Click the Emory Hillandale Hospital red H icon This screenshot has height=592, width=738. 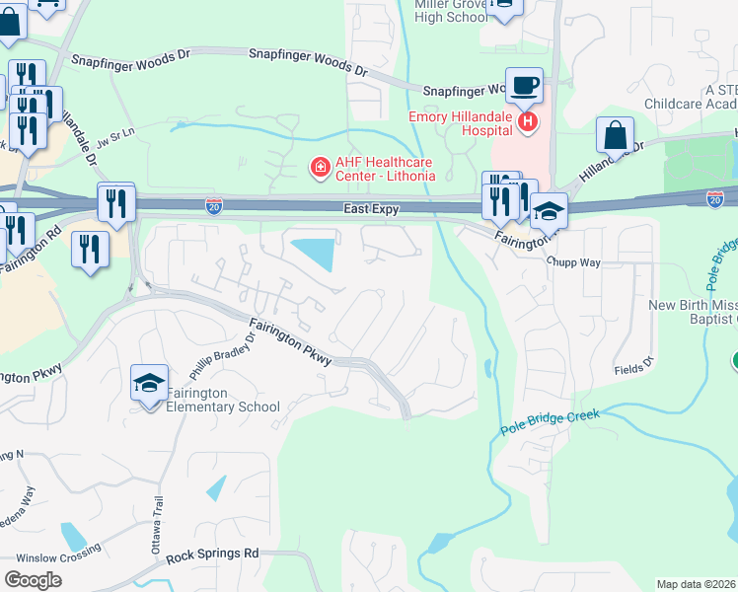click(x=528, y=122)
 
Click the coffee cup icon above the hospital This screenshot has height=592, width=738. click(x=523, y=85)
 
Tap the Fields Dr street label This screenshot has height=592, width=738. click(x=632, y=366)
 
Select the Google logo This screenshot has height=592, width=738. click(x=33, y=579)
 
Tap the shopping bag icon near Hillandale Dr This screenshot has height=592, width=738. click(x=615, y=136)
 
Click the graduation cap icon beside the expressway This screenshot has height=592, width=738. click(x=549, y=210)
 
